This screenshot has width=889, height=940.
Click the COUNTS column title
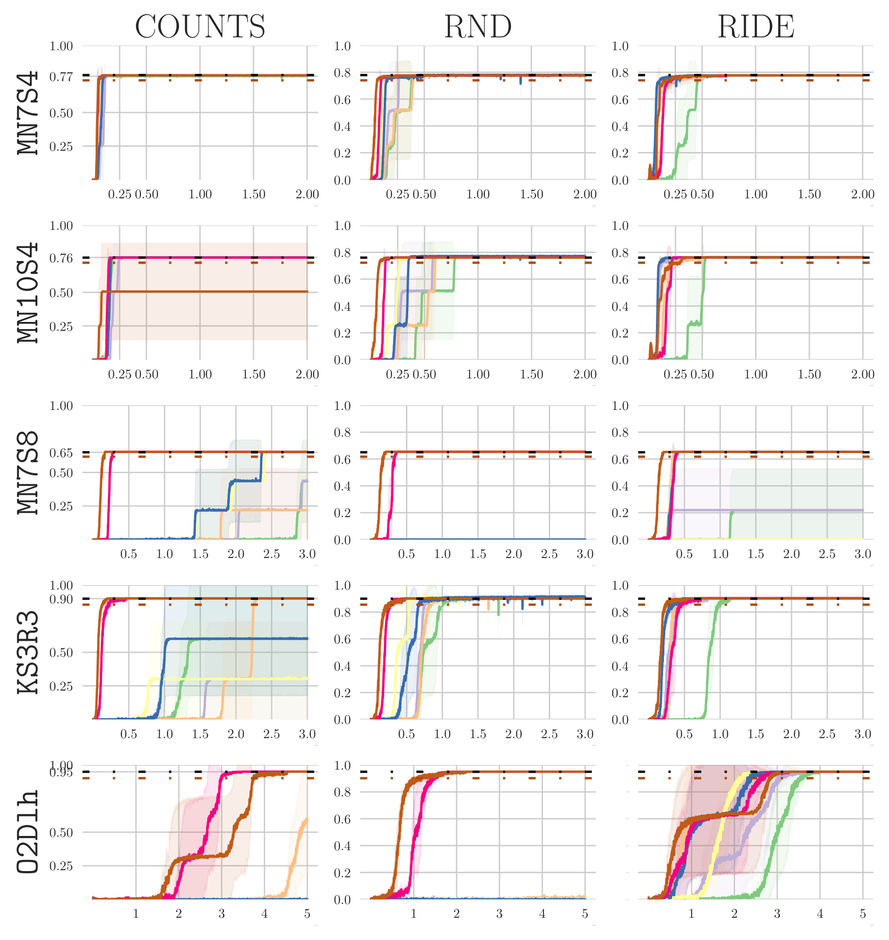tap(200, 27)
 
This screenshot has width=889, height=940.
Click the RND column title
tap(478, 27)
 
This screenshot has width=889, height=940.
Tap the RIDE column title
tap(756, 27)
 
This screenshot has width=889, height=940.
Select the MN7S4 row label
tap(28, 113)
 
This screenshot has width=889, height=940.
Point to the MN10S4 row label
tap(28, 292)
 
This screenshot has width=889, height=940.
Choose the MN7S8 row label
tap(28, 472)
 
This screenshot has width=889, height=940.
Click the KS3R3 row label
tap(28, 652)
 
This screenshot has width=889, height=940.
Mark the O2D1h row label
tap(28, 832)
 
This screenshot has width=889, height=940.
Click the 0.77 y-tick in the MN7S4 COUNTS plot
tap(61, 77)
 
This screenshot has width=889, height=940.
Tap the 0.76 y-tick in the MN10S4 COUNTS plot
tap(61, 258)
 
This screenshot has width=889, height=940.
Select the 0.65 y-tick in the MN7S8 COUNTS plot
tap(61, 453)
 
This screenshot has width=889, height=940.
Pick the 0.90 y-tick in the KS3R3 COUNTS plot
tap(61, 599)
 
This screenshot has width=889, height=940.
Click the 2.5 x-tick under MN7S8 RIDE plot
tap(827, 554)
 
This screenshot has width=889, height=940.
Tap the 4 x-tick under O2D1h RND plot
tap(542, 913)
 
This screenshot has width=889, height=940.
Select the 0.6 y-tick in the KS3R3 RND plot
tap(342, 639)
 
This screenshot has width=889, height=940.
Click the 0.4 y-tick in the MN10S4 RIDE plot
tap(620, 306)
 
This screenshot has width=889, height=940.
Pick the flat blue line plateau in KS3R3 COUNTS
tap(237, 639)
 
